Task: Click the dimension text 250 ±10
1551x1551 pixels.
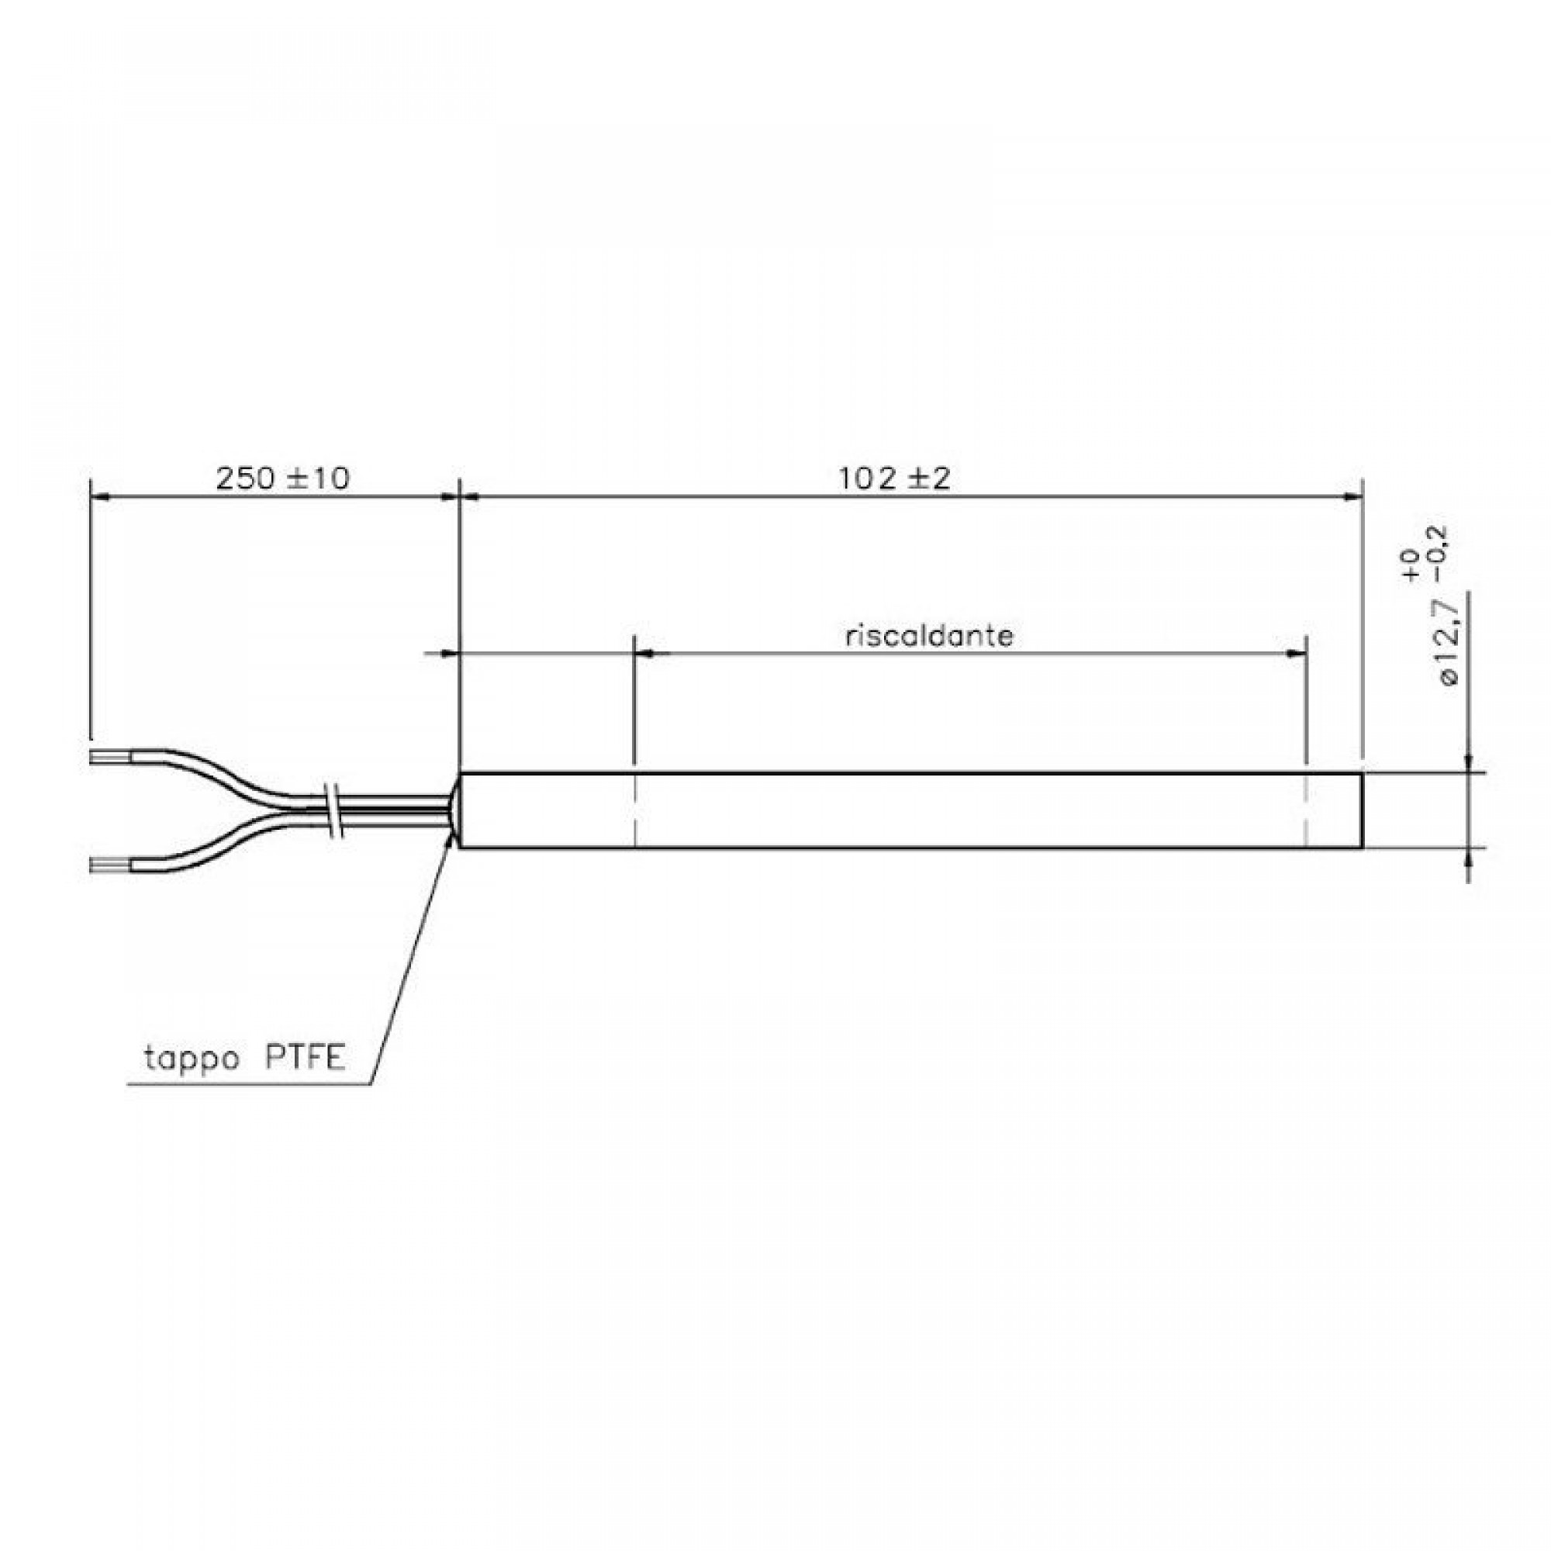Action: coord(282,479)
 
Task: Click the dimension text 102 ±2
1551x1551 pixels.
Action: coord(894,479)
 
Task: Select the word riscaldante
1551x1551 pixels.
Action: coord(929,637)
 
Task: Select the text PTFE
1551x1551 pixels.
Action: coord(305,1058)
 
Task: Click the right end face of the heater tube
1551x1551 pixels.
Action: coord(1363,810)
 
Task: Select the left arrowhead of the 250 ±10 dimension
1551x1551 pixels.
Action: coord(99,497)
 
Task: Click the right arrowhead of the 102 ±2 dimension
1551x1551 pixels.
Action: coord(1354,497)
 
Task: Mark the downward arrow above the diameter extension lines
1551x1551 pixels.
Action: coord(1469,761)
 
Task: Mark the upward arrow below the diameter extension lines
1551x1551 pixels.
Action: coord(1469,859)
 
